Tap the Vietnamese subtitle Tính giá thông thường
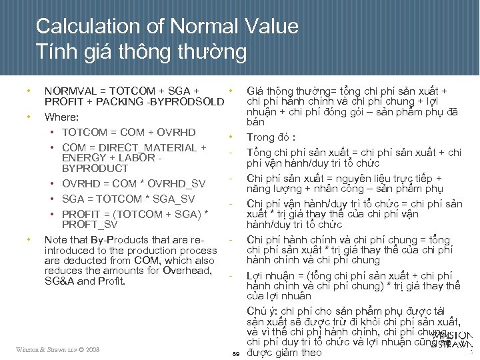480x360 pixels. tap(141, 51)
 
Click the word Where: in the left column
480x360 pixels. tap(62, 117)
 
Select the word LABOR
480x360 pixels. tap(135, 158)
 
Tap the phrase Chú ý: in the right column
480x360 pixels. tap(262, 311)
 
